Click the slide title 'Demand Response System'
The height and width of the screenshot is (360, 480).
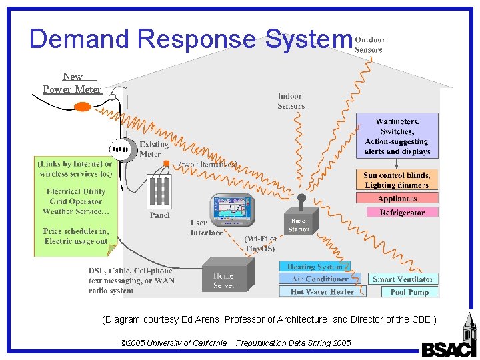[x=190, y=39]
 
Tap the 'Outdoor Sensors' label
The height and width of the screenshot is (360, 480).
[x=369, y=44]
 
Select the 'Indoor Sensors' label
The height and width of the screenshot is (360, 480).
[x=291, y=101]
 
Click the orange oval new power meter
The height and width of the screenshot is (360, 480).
[x=82, y=106]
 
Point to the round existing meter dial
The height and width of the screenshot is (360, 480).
[x=121, y=150]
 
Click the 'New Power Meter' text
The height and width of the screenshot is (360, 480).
[x=72, y=83]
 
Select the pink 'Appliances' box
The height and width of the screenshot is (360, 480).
[x=397, y=199]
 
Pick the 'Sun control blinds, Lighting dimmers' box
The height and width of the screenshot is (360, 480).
[x=397, y=180]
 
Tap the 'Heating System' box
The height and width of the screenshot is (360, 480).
[x=315, y=267]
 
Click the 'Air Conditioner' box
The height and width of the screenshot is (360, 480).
[x=320, y=279]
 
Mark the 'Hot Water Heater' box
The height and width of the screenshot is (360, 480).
[x=322, y=291]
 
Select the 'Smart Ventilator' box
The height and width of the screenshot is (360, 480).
[x=403, y=279]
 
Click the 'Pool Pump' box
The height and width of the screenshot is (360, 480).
[x=409, y=292]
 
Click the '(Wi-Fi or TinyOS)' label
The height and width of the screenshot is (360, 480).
[x=261, y=244]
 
